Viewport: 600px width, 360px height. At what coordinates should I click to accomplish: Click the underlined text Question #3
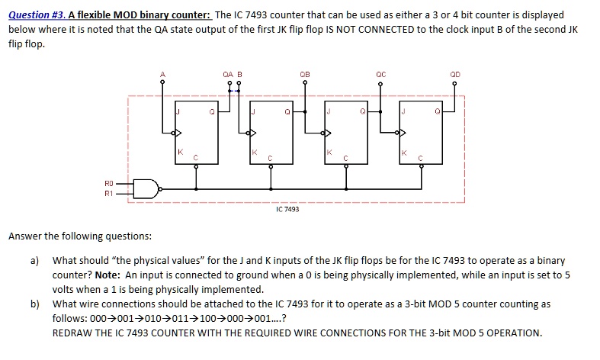pyautogui.click(x=37, y=15)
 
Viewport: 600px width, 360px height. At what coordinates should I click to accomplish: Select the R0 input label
pyautogui.click(x=109, y=184)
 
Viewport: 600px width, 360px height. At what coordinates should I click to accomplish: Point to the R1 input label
pyautogui.click(x=109, y=193)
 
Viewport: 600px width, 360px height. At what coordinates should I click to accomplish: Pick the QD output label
pyautogui.click(x=456, y=74)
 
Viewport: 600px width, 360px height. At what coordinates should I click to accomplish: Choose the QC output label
pyautogui.click(x=381, y=74)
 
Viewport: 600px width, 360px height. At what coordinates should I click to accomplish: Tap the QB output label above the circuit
pyautogui.click(x=305, y=74)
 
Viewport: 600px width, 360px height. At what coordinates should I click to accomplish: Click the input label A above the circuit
pyautogui.click(x=162, y=74)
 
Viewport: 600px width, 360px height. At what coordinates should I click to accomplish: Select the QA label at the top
pyautogui.click(x=227, y=74)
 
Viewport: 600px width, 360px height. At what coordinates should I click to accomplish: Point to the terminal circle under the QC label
pyautogui.click(x=381, y=83)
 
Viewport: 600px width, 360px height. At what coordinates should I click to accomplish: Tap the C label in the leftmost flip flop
pyautogui.click(x=196, y=159)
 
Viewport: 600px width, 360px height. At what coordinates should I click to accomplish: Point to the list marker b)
pyautogui.click(x=35, y=304)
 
